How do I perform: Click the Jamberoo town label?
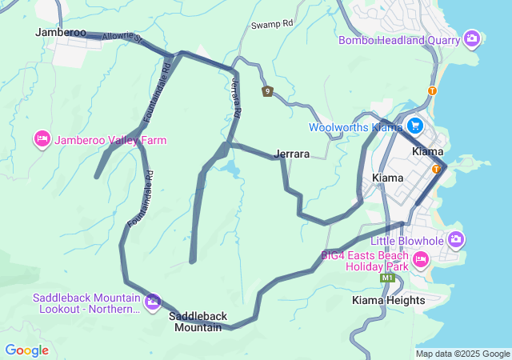61,32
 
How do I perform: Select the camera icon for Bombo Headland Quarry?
472,38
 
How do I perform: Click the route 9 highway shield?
267,91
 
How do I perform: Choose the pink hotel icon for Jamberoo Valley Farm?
42,140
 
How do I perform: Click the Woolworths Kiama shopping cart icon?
414,126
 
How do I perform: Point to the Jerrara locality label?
292,153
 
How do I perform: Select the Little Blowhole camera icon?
456,238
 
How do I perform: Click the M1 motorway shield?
388,278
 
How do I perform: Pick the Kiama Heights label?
389,300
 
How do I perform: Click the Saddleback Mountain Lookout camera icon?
152,302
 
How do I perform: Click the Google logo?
27,350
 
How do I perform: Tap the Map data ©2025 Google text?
462,354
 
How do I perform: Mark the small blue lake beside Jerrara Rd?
230,169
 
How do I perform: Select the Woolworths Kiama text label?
355,127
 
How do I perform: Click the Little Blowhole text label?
403,241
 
